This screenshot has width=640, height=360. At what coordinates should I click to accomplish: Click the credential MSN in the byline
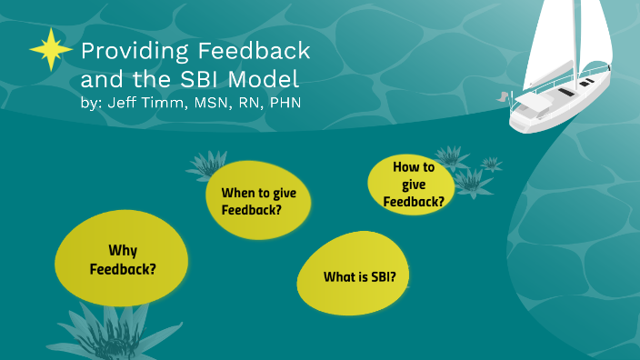[x=210, y=103]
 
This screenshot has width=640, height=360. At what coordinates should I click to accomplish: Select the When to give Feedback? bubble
[x=265, y=201]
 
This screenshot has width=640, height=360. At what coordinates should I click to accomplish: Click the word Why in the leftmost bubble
[x=122, y=250]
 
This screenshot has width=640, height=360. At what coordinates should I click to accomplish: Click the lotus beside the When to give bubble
[x=206, y=166]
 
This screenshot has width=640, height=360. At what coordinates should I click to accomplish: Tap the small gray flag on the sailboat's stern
[x=502, y=94]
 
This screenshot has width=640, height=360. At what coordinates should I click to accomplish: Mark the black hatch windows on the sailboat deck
[x=567, y=92]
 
